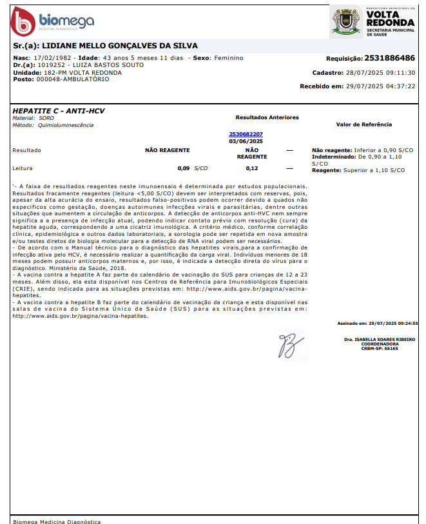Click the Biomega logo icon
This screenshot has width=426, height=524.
point(23,23)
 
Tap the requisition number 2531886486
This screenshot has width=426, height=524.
point(390,58)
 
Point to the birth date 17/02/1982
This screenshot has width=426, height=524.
point(51,58)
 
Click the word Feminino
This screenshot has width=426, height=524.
point(228,58)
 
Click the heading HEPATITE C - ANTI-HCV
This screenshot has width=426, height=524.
point(59,111)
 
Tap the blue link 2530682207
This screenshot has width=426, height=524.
point(246,134)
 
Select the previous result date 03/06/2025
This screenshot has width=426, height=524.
point(246,141)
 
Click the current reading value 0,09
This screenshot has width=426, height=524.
point(184,168)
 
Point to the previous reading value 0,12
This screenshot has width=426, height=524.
point(251,168)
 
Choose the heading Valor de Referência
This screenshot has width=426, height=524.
point(364,124)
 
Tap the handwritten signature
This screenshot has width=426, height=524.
point(288,344)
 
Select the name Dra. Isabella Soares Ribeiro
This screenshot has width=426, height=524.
point(380,339)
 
